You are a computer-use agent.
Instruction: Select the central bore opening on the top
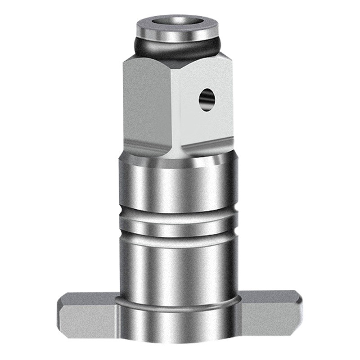coord(180,21)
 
